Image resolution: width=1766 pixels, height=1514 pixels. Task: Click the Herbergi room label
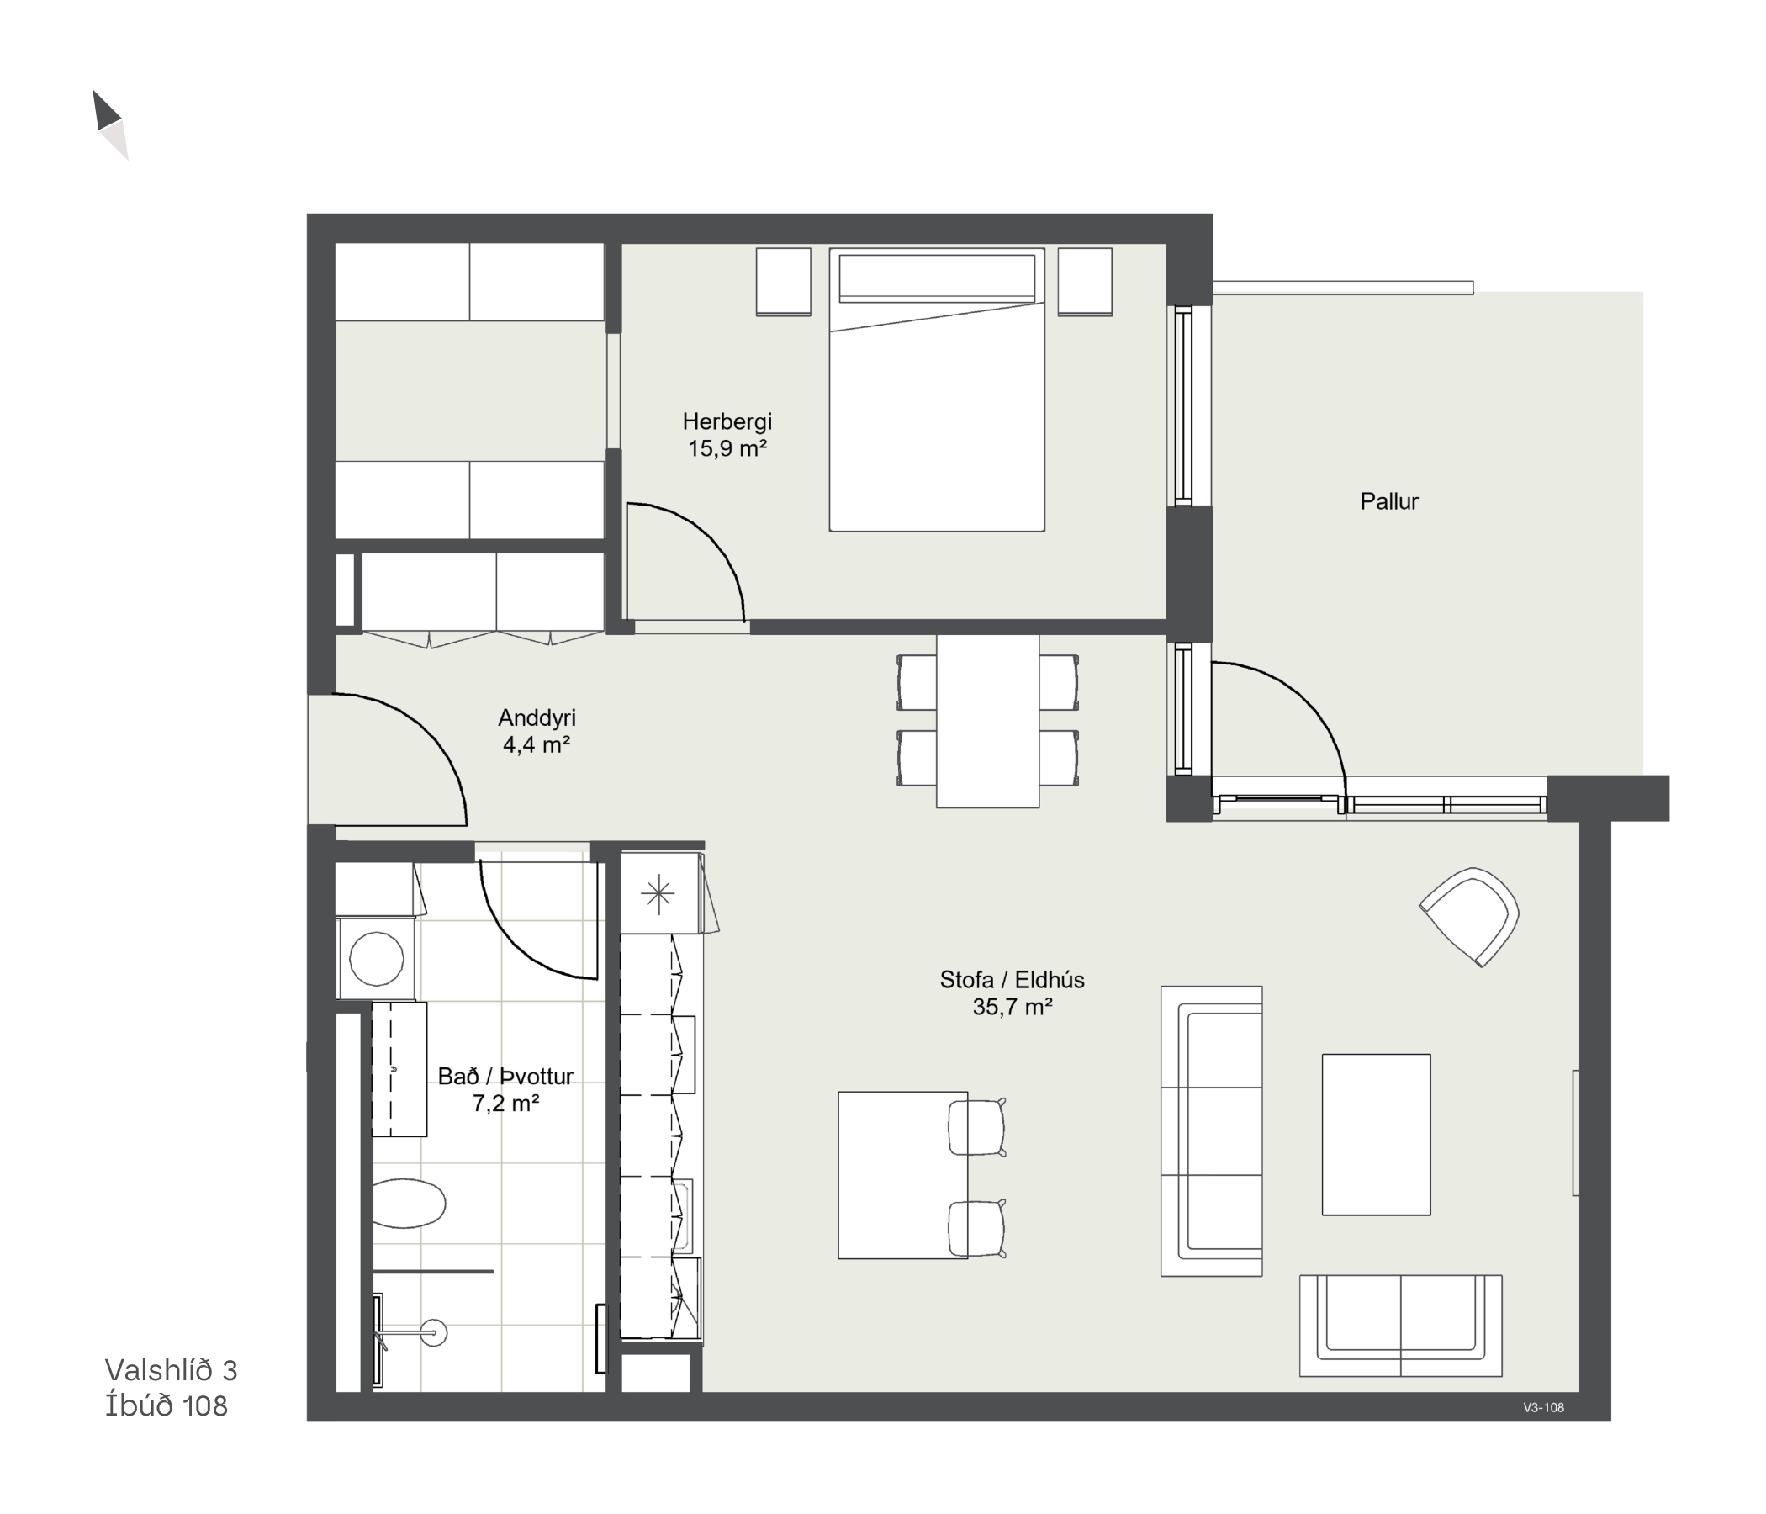point(727,421)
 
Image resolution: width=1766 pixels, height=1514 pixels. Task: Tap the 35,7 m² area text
point(1013,1008)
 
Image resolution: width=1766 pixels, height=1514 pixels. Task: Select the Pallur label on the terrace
point(1389,501)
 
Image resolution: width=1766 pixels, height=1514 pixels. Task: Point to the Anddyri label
point(537,718)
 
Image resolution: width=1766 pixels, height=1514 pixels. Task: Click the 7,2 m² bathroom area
point(505,1104)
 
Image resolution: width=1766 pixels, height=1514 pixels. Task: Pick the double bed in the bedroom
point(937,389)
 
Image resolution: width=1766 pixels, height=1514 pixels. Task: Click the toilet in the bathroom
point(409,1203)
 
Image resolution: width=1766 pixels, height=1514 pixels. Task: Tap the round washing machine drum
point(377,959)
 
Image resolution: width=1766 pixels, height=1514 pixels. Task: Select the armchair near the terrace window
point(1469,917)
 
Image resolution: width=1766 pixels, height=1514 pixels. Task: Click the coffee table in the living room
point(1376,1135)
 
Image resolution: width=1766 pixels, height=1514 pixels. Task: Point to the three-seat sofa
point(1211,1131)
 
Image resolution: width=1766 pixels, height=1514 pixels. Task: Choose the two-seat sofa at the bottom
point(1400,1326)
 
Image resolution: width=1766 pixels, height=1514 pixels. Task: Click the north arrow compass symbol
point(110,124)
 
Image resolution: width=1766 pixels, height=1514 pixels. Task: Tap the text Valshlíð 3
point(172,1370)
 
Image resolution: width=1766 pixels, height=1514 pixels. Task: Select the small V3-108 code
point(1543,1408)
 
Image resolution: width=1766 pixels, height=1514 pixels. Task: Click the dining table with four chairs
point(988,720)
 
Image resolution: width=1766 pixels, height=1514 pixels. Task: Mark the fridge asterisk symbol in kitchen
point(658,894)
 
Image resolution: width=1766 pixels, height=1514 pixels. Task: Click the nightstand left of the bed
point(783,282)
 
